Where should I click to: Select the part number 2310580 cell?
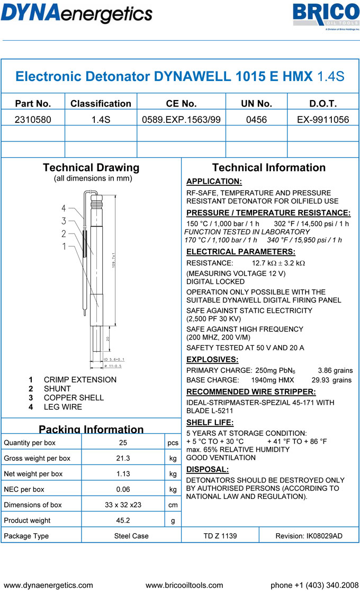pyautogui.click(x=33, y=120)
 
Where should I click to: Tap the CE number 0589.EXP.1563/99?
pyautogui.click(x=181, y=120)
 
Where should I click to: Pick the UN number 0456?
pyautogui.click(x=256, y=120)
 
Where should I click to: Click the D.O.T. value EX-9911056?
pyautogui.click(x=323, y=120)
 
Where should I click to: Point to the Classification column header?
pyautogui.click(x=101, y=104)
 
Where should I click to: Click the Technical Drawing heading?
pyautogui.click(x=91, y=168)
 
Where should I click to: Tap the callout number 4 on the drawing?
pyautogui.click(x=64, y=208)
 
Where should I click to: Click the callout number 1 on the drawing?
pyautogui.click(x=64, y=246)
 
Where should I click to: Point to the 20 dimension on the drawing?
pyautogui.click(x=108, y=339)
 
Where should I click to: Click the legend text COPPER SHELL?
pyautogui.click(x=74, y=398)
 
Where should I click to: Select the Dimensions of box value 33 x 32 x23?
pyautogui.click(x=123, y=505)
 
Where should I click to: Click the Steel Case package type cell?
pyautogui.click(x=131, y=536)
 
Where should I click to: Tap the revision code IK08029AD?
pyautogui.click(x=309, y=536)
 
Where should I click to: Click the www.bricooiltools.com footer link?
pyautogui.click(x=184, y=585)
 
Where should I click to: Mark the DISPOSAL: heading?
pyautogui.click(x=208, y=470)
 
